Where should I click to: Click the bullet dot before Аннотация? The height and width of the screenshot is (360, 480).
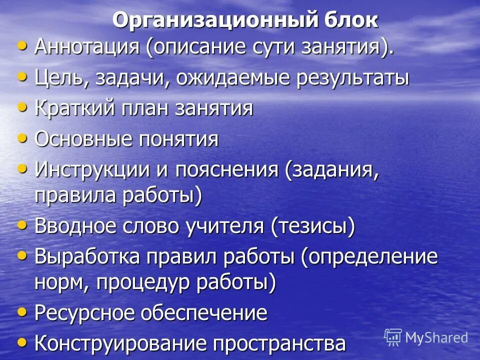[x=21, y=46]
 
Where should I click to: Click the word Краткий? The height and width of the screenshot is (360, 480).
[x=75, y=108]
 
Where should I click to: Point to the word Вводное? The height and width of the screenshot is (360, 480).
[x=74, y=226]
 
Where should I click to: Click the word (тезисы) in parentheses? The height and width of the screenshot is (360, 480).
[x=313, y=226]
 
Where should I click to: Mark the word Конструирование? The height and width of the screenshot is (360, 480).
[x=120, y=343]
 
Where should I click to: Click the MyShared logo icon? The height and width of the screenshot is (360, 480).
[x=393, y=336]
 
